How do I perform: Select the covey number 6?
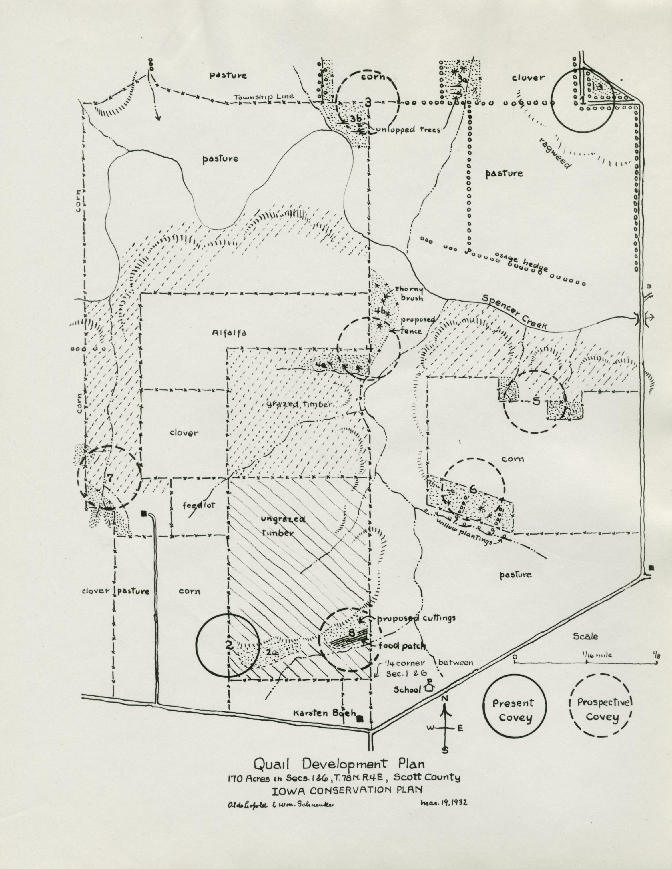(x=473, y=488)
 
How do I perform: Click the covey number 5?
(x=536, y=402)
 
